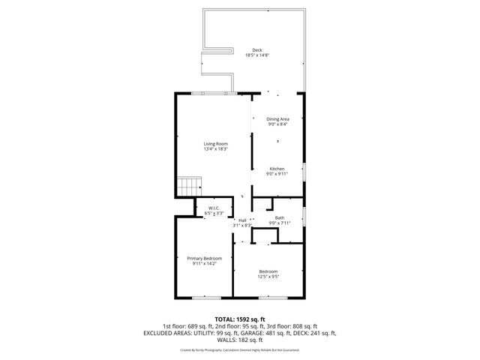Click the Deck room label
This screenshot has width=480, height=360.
tap(257, 50)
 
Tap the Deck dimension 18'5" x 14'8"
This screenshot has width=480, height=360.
tap(257, 55)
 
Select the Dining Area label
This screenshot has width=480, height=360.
tap(277, 119)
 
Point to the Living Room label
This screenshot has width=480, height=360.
tap(216, 144)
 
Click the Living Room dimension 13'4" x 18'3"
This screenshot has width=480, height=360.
tap(216, 149)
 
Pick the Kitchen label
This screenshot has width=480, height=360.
tap(277, 169)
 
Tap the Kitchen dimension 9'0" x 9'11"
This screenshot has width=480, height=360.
tap(277, 174)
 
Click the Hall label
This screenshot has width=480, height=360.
tap(242, 220)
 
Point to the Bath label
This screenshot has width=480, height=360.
tap(279, 218)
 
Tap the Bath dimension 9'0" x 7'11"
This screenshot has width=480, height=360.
tap(279, 223)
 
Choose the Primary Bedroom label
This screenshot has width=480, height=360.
tap(204, 259)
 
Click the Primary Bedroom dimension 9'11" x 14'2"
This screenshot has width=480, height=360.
tap(204, 264)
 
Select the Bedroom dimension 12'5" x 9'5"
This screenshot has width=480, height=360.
tap(268, 277)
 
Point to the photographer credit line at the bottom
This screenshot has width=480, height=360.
tap(240, 349)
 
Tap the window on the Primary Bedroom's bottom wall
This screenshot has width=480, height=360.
tap(202, 298)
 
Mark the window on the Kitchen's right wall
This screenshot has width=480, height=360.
tap(305, 170)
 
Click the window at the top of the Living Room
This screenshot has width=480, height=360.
tap(211, 93)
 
